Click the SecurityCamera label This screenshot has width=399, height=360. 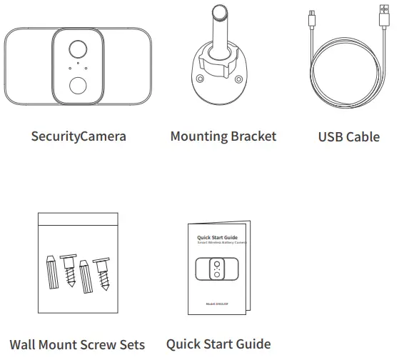pyautogui.click(x=79, y=135)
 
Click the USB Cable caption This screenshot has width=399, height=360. pyautogui.click(x=348, y=136)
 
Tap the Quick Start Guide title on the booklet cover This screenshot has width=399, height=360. pyautogui.click(x=217, y=237)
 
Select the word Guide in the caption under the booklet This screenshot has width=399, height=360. pyautogui.click(x=252, y=344)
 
